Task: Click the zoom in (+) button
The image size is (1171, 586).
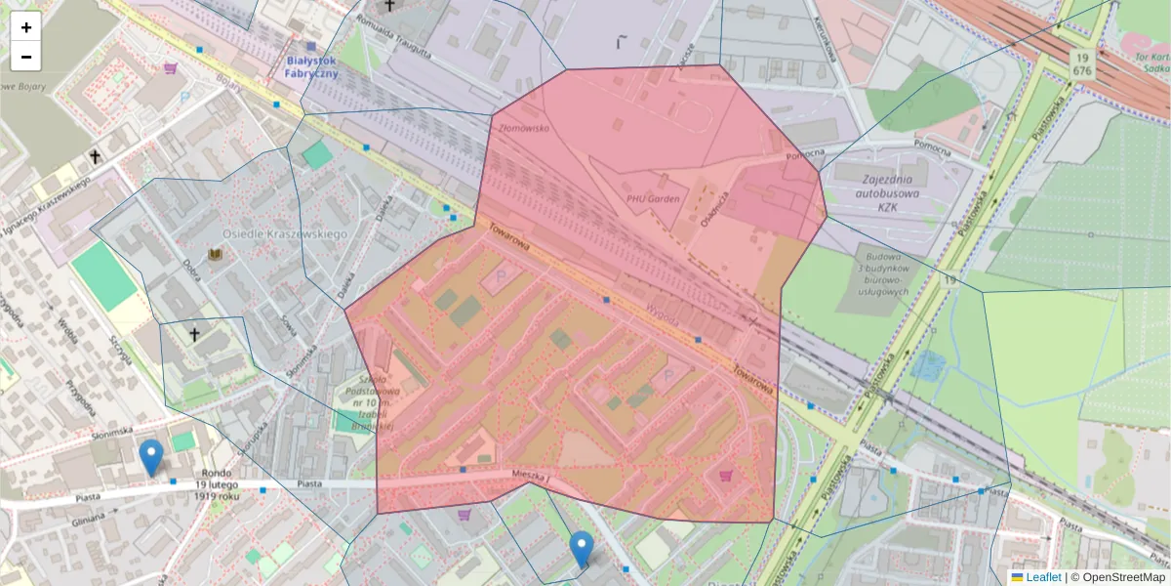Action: [x=26, y=27]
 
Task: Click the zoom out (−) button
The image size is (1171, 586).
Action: [x=26, y=57]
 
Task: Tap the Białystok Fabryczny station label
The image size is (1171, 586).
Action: [x=311, y=65]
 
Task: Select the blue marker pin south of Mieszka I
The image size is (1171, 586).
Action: [x=582, y=549]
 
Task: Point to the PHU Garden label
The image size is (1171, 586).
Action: [x=652, y=198]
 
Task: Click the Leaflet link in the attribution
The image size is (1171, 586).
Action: [x=1042, y=577]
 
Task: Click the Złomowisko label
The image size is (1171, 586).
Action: [x=524, y=128]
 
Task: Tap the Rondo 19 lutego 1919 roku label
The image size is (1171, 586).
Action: [x=217, y=484]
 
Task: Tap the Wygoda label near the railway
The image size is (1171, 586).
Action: [x=662, y=316]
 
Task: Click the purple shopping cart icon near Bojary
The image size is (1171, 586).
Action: [x=172, y=69]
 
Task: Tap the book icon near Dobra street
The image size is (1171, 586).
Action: [x=216, y=256]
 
